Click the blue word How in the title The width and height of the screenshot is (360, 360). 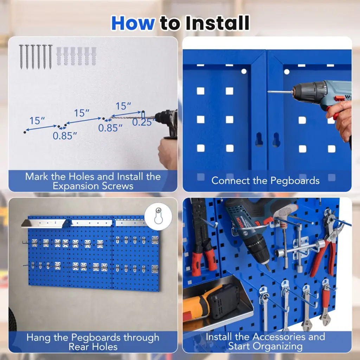pos(133,23)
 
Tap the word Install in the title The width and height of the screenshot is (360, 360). pos(217,23)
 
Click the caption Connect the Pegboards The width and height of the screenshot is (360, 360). pos(265,181)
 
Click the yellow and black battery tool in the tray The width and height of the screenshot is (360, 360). pos(211,301)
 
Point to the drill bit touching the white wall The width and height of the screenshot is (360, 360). pos(133,118)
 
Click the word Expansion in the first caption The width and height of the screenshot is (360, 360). pos(76,186)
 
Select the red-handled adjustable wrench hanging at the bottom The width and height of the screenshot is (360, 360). pos(325,303)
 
